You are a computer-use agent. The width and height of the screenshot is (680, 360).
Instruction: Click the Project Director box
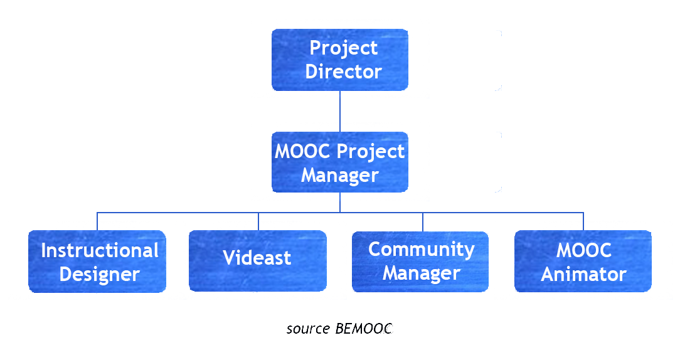pos(339,60)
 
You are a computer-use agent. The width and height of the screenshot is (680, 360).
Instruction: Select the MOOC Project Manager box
pos(339,162)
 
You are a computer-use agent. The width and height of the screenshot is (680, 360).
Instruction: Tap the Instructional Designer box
pos(97,261)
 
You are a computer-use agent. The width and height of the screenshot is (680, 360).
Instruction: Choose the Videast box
pos(257,261)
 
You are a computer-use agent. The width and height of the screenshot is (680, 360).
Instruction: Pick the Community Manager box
pos(420,261)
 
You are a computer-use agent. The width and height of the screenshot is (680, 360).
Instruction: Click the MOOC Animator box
pos(583,261)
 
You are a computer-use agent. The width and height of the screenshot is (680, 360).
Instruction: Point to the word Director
pos(343,71)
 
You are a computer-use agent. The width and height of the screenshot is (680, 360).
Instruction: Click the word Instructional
pos(100,250)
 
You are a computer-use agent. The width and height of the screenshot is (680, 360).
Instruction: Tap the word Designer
pos(99,274)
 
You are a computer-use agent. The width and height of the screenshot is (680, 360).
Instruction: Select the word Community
pos(421,249)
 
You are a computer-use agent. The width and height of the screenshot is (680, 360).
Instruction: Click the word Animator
pos(583,274)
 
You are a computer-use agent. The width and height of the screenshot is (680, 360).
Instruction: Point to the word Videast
pos(257,258)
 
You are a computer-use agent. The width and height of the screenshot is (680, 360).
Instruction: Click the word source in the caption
pos(308,329)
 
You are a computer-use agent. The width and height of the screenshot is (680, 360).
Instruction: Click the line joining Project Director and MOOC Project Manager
pos(340,111)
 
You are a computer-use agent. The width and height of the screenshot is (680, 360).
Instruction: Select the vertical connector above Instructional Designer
pos(97,221)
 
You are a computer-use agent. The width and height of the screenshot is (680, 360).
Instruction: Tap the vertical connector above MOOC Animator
pos(583,221)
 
